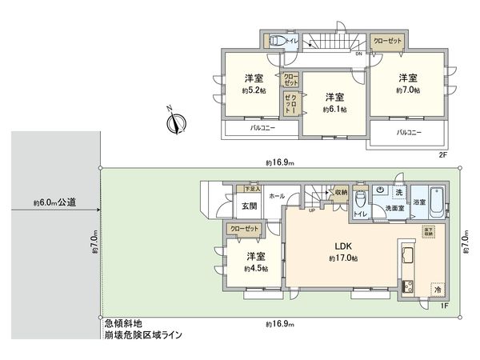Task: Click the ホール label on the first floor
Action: pyautogui.click(x=277, y=195)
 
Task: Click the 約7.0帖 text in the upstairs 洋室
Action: pyautogui.click(x=407, y=91)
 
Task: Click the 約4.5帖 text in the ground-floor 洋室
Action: pyautogui.click(x=255, y=269)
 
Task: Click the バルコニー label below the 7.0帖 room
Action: pyautogui.click(x=408, y=134)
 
